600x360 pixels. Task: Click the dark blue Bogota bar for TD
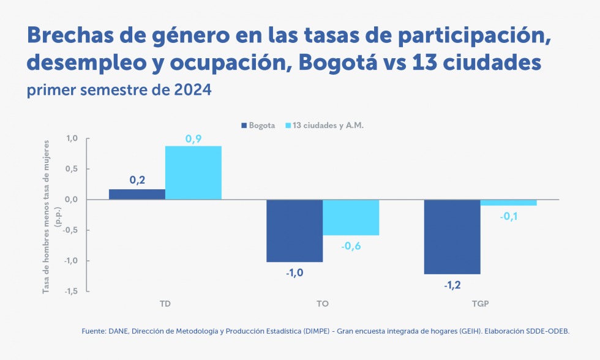coord(137,194)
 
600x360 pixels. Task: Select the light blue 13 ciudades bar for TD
coord(193,173)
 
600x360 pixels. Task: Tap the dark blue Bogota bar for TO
coord(294,231)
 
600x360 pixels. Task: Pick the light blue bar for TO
coord(351,217)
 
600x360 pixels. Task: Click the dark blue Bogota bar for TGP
coord(452,236)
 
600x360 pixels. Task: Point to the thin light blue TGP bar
coord(508,203)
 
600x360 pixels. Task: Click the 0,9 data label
coord(193,140)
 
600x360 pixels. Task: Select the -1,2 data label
coord(452,285)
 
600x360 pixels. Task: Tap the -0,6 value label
coord(351,246)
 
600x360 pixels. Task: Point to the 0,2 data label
coord(137,181)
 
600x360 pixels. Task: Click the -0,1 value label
coord(509,216)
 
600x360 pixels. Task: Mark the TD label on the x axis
coord(165,304)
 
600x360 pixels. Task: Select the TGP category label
coord(481,304)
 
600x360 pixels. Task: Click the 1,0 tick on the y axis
coord(72,138)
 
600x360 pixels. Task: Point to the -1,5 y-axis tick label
coord(70,291)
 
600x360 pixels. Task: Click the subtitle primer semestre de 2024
coord(119,90)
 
